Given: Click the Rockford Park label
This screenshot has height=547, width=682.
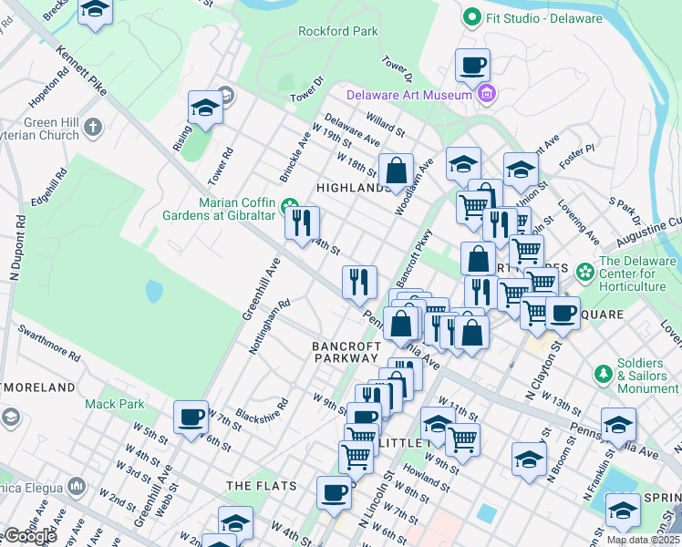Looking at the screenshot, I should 337,31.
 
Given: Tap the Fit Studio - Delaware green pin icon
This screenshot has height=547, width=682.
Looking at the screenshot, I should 471,17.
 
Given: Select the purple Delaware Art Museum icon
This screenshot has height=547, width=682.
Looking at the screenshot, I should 487,94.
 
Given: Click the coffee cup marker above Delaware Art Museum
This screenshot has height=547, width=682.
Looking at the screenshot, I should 472,66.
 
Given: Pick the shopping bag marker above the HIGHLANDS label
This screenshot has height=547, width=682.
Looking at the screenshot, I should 396,170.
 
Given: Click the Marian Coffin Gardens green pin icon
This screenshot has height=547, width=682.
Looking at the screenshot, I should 290,203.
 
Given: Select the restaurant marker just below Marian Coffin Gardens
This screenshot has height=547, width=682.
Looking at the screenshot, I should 302,222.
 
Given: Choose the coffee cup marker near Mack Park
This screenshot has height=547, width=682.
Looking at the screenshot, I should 191,418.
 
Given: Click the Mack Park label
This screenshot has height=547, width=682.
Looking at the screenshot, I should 115,403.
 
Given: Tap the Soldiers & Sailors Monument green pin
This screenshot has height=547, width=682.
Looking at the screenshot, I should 602,374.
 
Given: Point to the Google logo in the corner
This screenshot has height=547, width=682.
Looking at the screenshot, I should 30,536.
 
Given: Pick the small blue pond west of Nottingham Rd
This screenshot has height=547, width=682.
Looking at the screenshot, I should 153,291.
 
